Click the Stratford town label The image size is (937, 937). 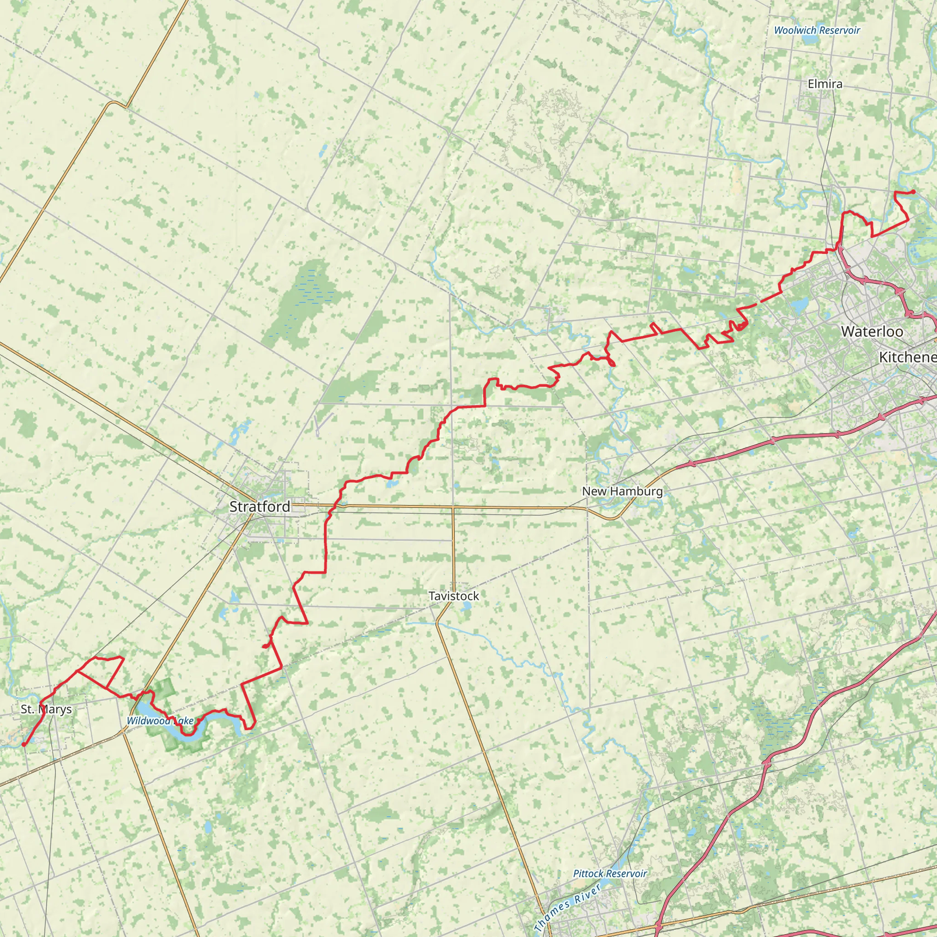tap(259, 507)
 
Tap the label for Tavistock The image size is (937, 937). tap(453, 596)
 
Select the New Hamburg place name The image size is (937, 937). tap(622, 491)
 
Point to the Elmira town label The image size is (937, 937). tap(824, 84)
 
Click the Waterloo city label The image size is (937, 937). tap(872, 332)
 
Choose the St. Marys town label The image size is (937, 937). tap(46, 709)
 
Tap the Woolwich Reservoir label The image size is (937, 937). tap(817, 30)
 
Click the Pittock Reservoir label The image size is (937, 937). tap(609, 873)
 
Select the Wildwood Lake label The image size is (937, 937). tap(160, 721)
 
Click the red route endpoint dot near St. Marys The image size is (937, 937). tap(24, 744)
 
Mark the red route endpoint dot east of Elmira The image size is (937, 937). tap(913, 192)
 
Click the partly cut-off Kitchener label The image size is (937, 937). tap(907, 357)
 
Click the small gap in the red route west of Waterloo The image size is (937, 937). tap(758, 302)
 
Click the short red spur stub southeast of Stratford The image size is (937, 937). tap(265, 646)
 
